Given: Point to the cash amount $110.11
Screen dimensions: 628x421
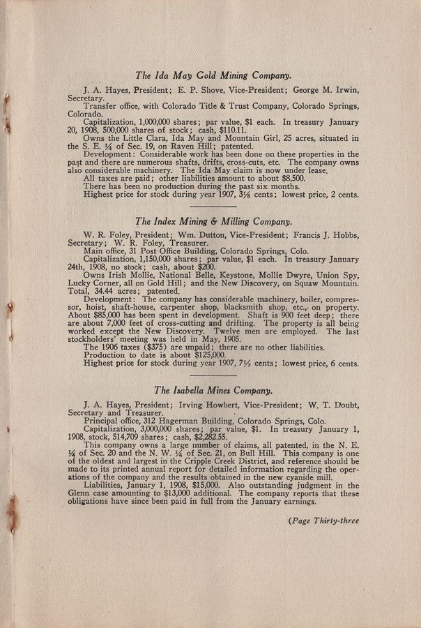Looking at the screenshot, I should click(x=229, y=130).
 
